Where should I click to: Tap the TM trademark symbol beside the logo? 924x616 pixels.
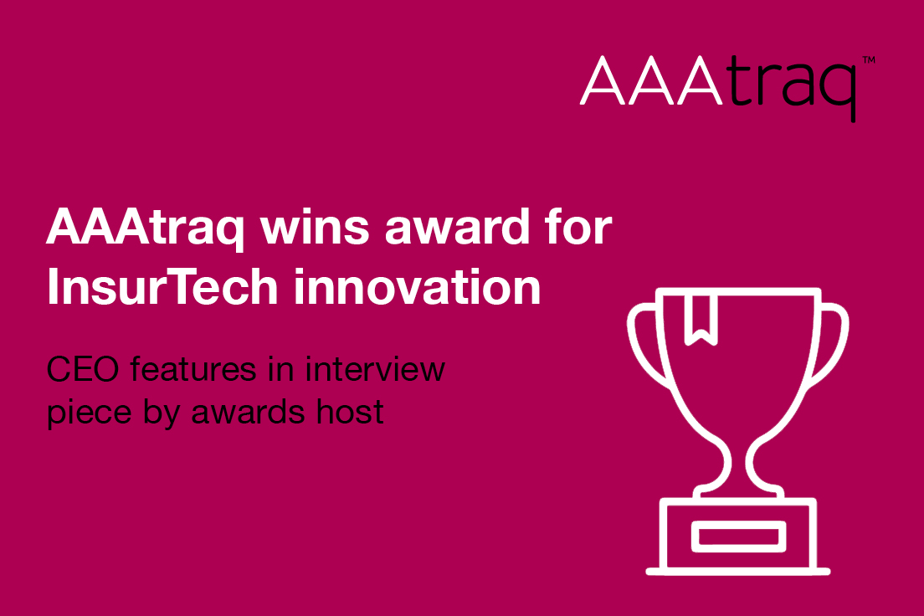[868, 61]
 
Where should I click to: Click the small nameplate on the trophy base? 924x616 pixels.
[737, 534]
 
